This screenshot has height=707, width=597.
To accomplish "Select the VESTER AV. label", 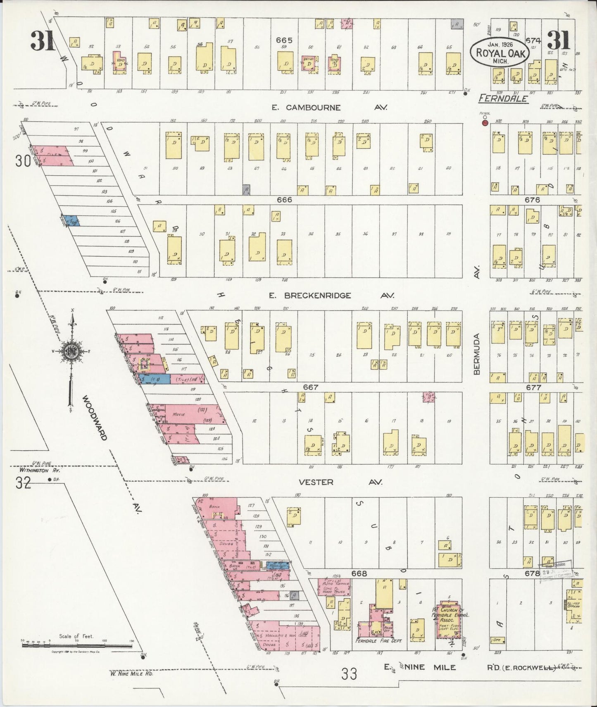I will tap(340, 482).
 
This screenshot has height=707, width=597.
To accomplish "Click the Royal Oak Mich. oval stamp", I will tap(499, 53).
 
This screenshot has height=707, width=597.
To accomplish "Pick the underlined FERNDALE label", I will tap(503, 99).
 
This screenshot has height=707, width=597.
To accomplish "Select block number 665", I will tap(284, 40).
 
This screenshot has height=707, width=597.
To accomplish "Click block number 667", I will tap(310, 387).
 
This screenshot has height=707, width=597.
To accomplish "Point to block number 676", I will tap(532, 200).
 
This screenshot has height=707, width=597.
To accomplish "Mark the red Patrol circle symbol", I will tap(485, 122).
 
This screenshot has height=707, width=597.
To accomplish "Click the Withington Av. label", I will tap(40, 471).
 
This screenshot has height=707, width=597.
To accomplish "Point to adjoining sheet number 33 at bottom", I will tap(349, 674).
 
